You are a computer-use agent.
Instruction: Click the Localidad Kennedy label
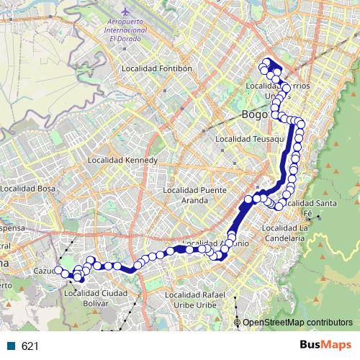117,160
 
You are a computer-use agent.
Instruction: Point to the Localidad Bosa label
29,188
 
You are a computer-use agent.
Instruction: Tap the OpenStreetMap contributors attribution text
297,323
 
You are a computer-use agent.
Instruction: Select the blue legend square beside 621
12,346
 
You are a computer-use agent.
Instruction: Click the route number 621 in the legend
30,346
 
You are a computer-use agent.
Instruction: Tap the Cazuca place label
45,271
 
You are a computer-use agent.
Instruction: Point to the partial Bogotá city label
255,114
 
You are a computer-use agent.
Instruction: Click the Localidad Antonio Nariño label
216,243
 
